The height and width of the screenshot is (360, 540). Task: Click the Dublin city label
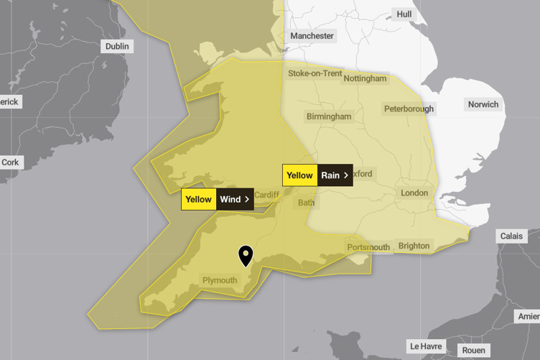117,46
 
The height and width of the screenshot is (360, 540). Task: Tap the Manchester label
312,36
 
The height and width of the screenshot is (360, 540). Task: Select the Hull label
404,14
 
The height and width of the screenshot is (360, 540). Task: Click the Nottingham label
365,78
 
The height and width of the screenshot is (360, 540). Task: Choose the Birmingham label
329,116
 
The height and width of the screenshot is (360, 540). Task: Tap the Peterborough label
409,109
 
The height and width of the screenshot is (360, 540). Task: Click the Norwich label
483,104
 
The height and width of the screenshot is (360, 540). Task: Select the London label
414,193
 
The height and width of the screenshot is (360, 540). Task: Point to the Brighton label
414,246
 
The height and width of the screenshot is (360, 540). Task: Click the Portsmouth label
368,247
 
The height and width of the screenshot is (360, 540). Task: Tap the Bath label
306,203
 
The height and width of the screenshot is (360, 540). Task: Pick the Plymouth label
220,280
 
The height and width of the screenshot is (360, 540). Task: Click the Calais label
512,236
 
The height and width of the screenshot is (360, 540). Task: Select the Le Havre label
425,346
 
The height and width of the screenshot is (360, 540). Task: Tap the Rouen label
473,351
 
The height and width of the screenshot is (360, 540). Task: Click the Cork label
10,162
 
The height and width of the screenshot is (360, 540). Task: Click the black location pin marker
246,254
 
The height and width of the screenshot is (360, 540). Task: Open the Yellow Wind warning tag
218,199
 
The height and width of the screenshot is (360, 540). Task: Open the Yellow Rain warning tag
317,175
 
